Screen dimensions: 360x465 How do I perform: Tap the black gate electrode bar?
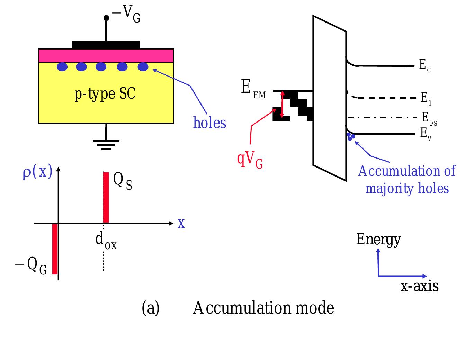(106, 45)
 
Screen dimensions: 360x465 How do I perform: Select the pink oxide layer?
(106, 55)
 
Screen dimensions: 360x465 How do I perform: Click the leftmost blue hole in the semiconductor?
(62, 67)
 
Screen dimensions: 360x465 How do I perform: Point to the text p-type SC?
(105, 94)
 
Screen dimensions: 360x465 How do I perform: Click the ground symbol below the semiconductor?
(106, 144)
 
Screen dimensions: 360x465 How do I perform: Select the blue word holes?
(209, 123)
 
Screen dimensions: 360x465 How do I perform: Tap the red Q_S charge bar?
(106, 197)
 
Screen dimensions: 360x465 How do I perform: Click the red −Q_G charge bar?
(55, 249)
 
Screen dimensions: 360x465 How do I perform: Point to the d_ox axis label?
(106, 241)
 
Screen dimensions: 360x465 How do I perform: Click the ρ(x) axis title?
(37, 172)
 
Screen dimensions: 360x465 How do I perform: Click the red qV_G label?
(250, 160)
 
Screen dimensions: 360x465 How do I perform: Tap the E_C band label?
(424, 65)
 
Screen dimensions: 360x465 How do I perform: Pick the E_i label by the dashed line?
(426, 99)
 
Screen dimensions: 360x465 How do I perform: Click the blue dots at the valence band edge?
(351, 136)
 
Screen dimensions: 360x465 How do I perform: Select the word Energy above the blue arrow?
(378, 239)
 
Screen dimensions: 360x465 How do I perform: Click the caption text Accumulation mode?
(263, 308)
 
